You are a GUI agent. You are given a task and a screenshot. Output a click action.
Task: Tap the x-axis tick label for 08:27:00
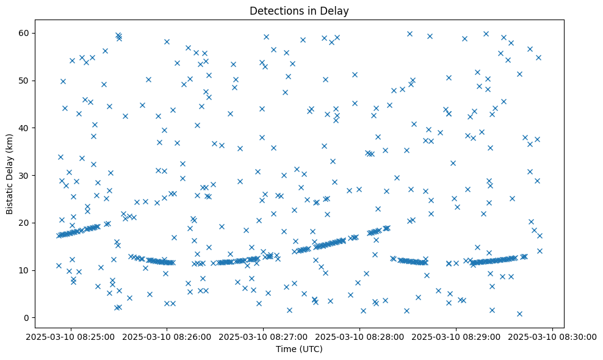pos(263,336)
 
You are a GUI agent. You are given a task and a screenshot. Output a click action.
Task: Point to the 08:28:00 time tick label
pos(359,336)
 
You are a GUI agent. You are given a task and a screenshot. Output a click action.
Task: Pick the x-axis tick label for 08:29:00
pos(456,336)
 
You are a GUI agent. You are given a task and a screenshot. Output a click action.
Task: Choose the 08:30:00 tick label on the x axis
pos(552,336)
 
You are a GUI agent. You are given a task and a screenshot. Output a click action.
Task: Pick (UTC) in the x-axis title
pos(311,349)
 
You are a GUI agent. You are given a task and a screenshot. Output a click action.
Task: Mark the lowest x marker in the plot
pos(519,314)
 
